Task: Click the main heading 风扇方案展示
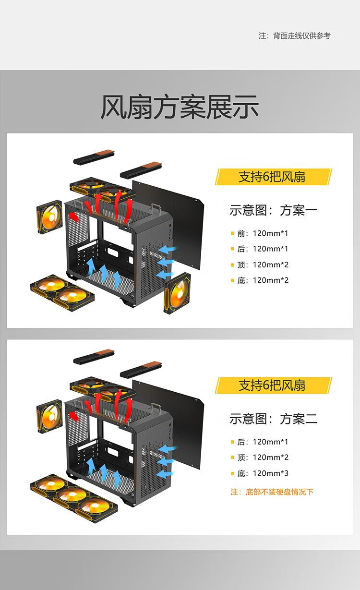click(x=180, y=107)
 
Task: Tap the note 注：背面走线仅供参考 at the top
click(x=295, y=36)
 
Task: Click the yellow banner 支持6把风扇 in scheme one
click(x=273, y=177)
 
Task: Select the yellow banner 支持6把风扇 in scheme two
click(x=273, y=385)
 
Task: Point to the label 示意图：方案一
click(x=273, y=210)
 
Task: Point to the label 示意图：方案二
click(x=273, y=419)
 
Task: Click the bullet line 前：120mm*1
click(x=263, y=234)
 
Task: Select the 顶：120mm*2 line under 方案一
click(x=263, y=265)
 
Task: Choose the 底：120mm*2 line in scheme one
click(x=263, y=280)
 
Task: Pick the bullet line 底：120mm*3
click(x=263, y=473)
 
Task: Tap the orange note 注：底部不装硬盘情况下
click(x=272, y=492)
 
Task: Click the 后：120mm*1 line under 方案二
click(x=263, y=442)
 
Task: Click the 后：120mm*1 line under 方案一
click(x=263, y=249)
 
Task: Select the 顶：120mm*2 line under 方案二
click(x=263, y=457)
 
